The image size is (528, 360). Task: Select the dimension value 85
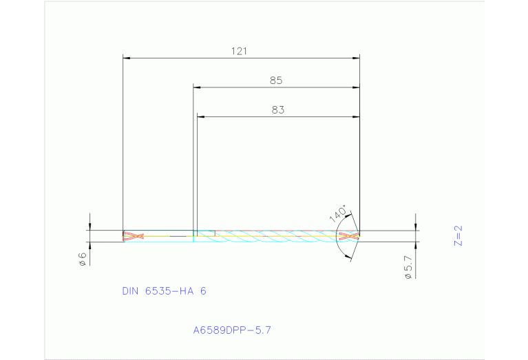[276, 81]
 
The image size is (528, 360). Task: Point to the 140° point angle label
[338, 213]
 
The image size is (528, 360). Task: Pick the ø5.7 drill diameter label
[408, 266]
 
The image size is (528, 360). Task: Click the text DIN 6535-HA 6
[164, 291]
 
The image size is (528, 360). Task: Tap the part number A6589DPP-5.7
[232, 330]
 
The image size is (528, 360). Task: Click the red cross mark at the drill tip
[350, 236]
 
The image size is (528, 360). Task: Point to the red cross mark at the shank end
[132, 236]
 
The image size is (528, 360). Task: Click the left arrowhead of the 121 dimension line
[125, 59]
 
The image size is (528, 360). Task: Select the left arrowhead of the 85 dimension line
[196, 87]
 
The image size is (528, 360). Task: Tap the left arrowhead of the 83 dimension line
[200, 116]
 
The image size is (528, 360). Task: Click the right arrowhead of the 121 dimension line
[357, 59]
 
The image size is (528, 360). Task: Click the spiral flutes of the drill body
[275, 236]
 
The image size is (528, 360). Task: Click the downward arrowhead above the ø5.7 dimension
[416, 226]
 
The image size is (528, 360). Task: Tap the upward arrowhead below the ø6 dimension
[89, 245]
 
